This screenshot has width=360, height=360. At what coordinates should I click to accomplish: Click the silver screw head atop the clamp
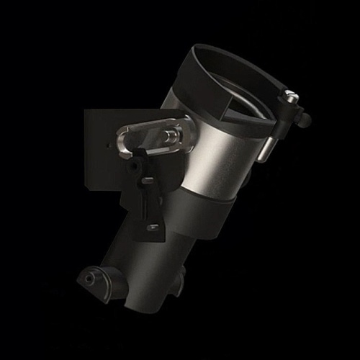coord(290,95)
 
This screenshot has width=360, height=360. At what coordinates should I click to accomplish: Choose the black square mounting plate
coord(101,151)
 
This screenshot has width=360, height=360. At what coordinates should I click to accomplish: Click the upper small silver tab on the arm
coord(148,180)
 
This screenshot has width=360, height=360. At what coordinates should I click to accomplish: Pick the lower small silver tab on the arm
coord(153,227)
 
